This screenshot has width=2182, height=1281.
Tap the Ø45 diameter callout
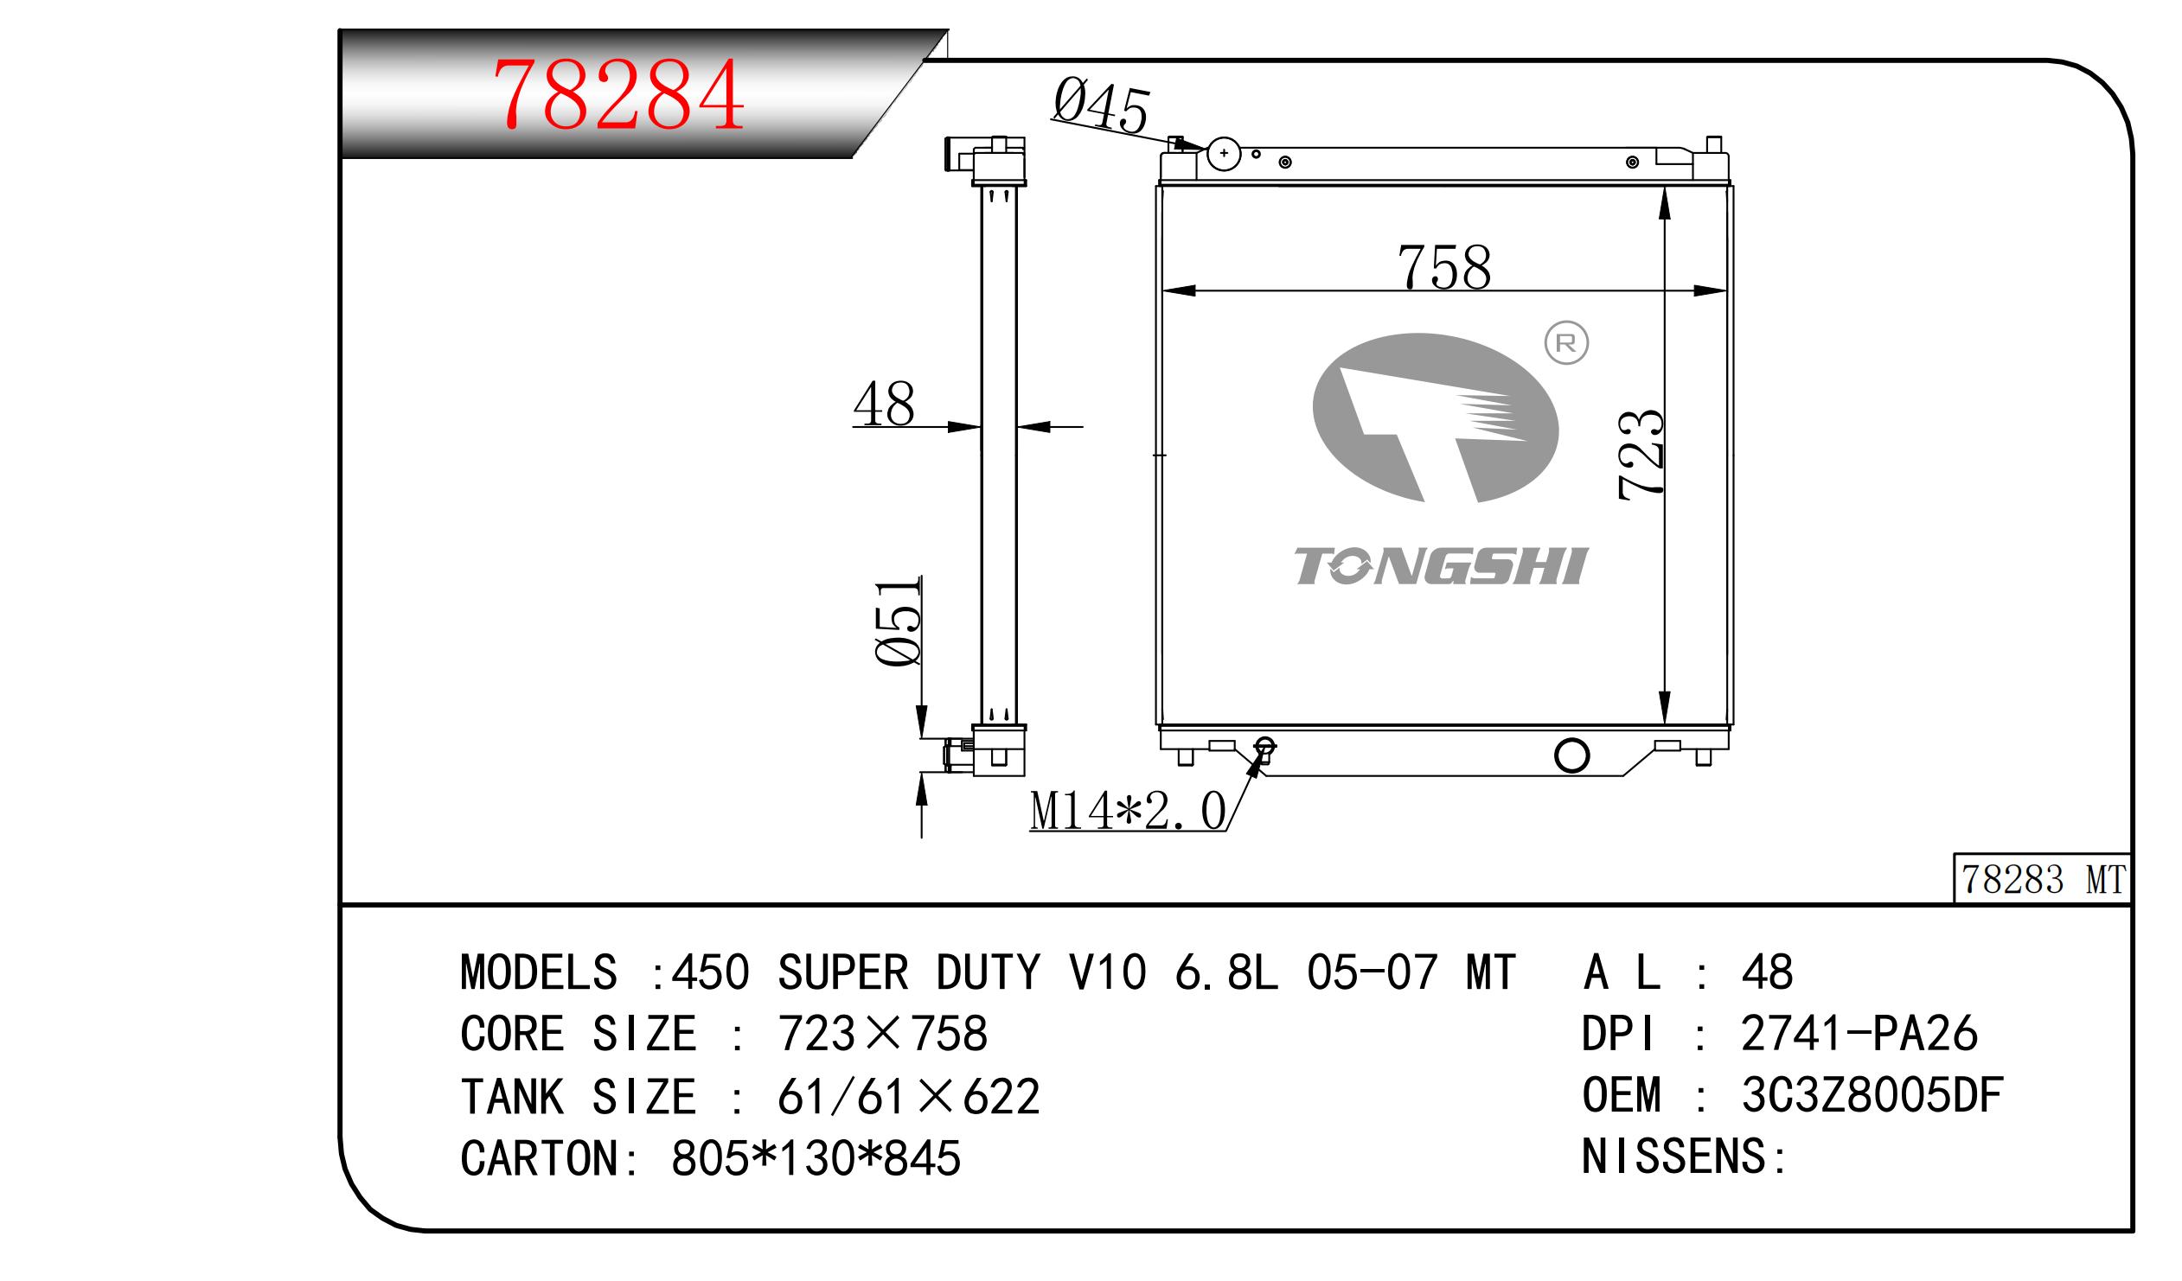tap(1101, 105)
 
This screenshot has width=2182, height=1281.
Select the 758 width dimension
tap(1444, 266)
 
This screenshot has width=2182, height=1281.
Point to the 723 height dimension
tap(1640, 454)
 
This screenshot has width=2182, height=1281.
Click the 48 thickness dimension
tap(884, 404)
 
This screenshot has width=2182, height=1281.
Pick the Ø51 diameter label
tap(898, 622)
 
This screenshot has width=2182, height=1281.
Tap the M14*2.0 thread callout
tap(1128, 811)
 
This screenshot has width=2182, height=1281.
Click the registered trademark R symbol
tap(1566, 343)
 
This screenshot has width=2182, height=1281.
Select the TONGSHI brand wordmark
tap(1441, 566)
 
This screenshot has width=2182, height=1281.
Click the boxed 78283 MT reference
tap(2042, 879)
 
